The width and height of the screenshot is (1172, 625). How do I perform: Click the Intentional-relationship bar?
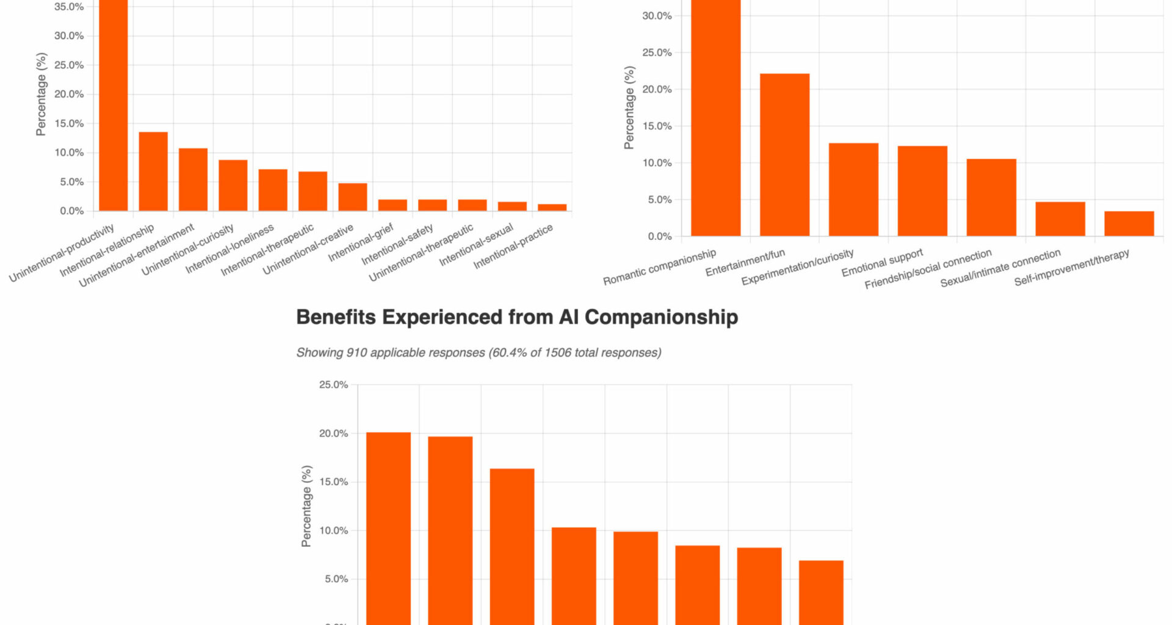pyautogui.click(x=153, y=172)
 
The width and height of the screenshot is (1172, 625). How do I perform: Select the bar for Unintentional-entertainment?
pyautogui.click(x=193, y=179)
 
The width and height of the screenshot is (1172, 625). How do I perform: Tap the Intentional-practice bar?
pyautogui.click(x=552, y=208)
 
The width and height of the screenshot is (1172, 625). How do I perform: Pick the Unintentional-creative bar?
pyautogui.click(x=352, y=197)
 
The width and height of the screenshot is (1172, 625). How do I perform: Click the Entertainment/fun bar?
pyautogui.click(x=784, y=155)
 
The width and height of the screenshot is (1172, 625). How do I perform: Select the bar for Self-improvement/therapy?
pyautogui.click(x=1129, y=223)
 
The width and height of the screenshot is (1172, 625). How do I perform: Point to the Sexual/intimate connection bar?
pyautogui.click(x=1060, y=219)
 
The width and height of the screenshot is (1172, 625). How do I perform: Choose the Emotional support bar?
pyautogui.click(x=922, y=191)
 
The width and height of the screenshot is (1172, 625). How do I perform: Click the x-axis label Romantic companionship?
pyautogui.click(x=659, y=267)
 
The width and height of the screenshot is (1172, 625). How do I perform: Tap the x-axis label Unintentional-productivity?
pyautogui.click(x=62, y=253)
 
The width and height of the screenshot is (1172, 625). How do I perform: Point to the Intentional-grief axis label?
pyautogui.click(x=361, y=244)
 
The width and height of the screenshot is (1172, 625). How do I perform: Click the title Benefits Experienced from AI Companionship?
pyautogui.click(x=517, y=317)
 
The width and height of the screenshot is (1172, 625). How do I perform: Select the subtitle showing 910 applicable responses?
pyautogui.click(x=479, y=353)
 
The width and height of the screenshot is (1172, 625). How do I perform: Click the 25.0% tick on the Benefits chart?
pyautogui.click(x=333, y=385)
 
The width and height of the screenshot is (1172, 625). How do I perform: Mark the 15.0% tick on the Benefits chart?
pyautogui.click(x=333, y=482)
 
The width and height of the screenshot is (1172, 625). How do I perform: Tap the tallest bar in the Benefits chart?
pyautogui.click(x=388, y=528)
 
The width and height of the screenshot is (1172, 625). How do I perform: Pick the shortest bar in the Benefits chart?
pyautogui.click(x=821, y=592)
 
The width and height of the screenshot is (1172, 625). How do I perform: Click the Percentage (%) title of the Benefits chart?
pyautogui.click(x=306, y=506)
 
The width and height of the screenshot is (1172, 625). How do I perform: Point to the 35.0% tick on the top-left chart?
pyautogui.click(x=69, y=7)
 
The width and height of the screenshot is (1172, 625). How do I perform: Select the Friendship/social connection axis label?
pyautogui.click(x=928, y=269)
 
